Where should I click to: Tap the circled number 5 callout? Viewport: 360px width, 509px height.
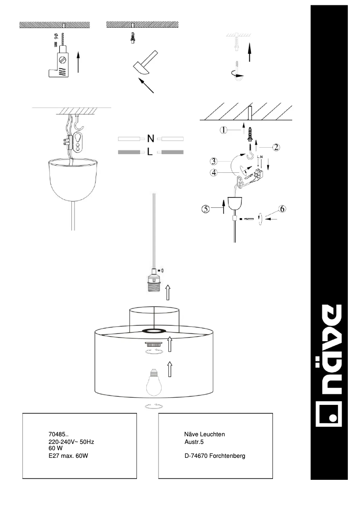point(206,208)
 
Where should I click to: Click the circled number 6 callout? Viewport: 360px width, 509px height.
point(281,208)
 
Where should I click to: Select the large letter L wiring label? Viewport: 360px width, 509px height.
point(150,153)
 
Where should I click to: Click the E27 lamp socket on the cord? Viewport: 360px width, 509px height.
point(154,281)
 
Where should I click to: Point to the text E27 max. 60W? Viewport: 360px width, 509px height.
point(67,456)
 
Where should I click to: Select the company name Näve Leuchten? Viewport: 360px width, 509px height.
point(204,434)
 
